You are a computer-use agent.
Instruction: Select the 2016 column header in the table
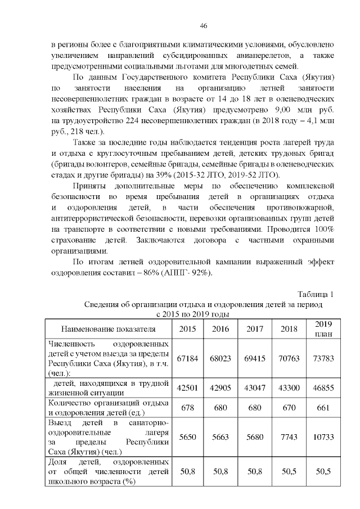pos(220,328)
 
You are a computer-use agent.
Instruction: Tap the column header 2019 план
pos(323,328)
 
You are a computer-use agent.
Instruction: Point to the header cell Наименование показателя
pos(108,328)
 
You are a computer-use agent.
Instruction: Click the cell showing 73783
pos(323,358)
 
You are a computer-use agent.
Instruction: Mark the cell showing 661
pos(323,407)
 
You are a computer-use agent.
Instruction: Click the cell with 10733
pos(323,436)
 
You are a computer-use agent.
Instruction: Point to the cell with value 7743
pos(289,436)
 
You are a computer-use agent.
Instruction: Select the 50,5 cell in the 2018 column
pos(289,471)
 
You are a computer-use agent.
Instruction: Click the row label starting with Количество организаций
pos(108,407)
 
